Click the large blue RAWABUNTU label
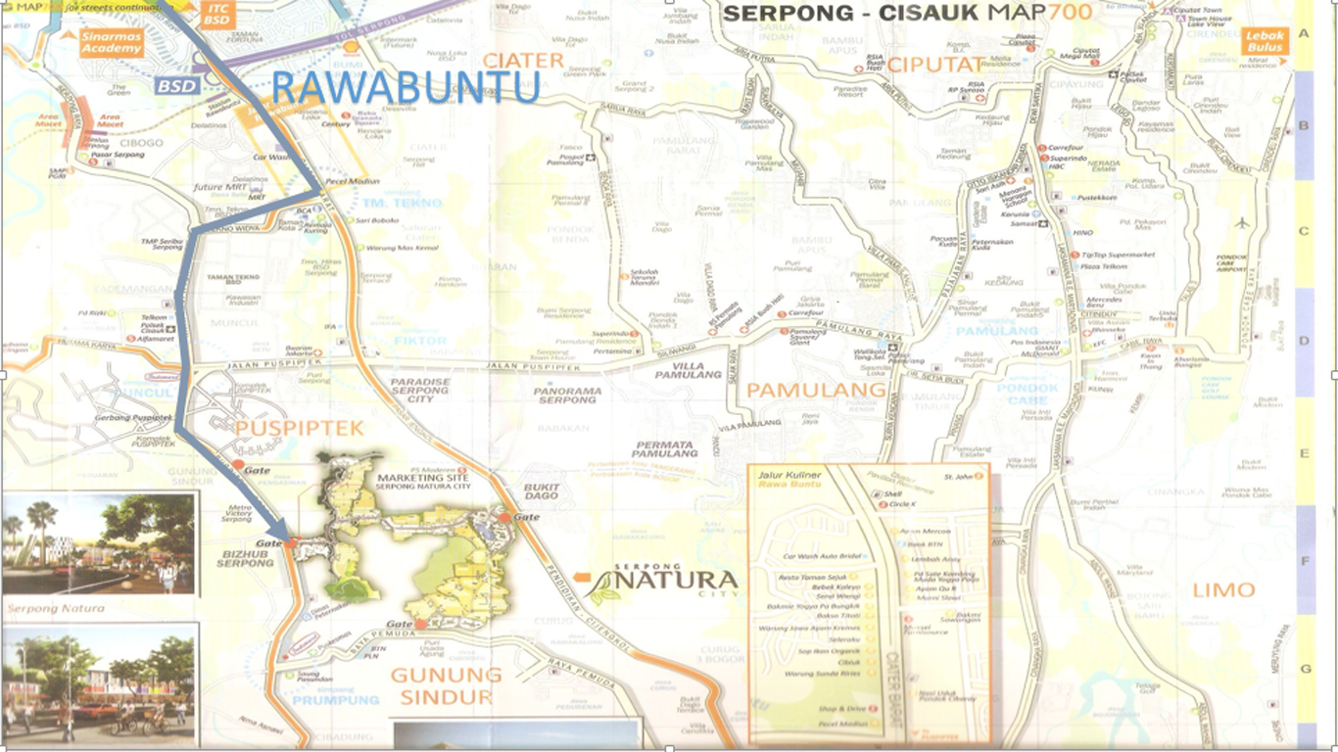[x=405, y=87]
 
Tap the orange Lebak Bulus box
[x=1266, y=41]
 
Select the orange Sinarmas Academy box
[x=113, y=42]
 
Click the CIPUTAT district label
[x=933, y=65]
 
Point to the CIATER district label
[x=523, y=61]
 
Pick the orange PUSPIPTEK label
[x=299, y=428]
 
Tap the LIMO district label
[x=1223, y=589]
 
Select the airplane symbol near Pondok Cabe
[x=1244, y=222]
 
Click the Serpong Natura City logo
[x=662, y=584]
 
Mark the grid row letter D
[x=1304, y=343]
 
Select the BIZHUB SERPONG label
[x=245, y=558]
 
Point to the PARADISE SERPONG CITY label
[x=420, y=391]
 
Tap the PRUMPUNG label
[x=335, y=700]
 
